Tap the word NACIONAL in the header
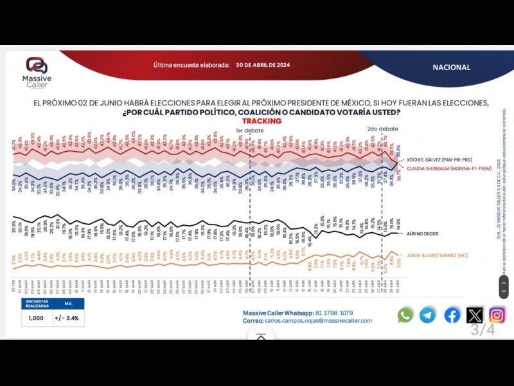pyautogui.click(x=451, y=68)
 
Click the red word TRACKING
pyautogui.click(x=261, y=121)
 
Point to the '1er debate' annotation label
pyautogui.click(x=249, y=129)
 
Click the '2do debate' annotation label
pyautogui.click(x=382, y=129)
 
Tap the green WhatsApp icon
pyautogui.click(x=405, y=315)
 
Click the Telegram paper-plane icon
pyautogui.click(x=428, y=315)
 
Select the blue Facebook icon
pyautogui.click(x=452, y=315)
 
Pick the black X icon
pyautogui.click(x=475, y=315)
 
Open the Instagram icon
pyautogui.click(x=497, y=315)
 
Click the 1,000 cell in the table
pyautogui.click(x=36, y=317)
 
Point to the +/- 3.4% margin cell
pyautogui.click(x=67, y=317)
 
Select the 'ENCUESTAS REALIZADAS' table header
pyautogui.click(x=36, y=303)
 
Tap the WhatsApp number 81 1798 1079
pyautogui.click(x=333, y=313)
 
